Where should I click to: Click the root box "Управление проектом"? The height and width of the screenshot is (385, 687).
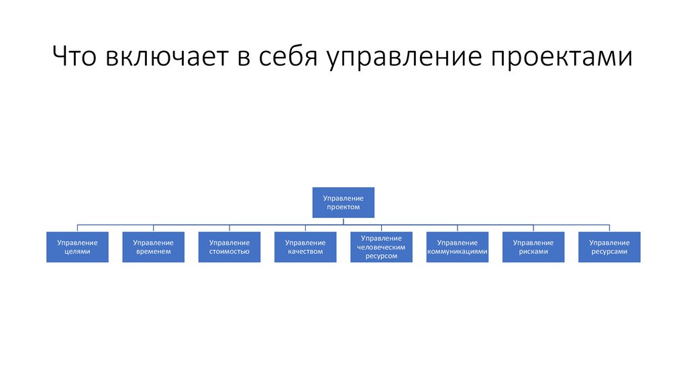[x=343, y=203]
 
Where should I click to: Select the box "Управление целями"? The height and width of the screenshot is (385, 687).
[x=77, y=247]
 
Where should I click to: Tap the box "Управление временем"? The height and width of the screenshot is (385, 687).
[x=153, y=247]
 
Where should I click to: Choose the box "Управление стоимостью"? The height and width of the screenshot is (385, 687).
[x=229, y=247]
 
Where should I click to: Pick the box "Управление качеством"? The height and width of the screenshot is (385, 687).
[x=305, y=247]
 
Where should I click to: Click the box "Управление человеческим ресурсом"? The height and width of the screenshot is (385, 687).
[x=381, y=247]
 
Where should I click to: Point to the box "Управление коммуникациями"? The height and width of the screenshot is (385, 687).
[x=457, y=247]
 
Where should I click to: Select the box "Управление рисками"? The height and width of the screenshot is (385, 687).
[x=533, y=247]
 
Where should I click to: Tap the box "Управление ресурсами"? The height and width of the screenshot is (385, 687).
[x=609, y=247]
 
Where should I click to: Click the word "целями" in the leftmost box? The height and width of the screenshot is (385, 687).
[x=77, y=252]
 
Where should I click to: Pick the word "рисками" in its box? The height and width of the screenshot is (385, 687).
[x=533, y=252]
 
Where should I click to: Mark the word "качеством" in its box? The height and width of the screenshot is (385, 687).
[x=305, y=252]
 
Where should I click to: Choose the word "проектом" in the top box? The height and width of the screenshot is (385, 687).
[x=343, y=207]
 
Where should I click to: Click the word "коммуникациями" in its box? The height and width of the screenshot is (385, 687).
[x=457, y=252]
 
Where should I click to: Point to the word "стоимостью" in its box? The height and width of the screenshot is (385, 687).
[x=229, y=252]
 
